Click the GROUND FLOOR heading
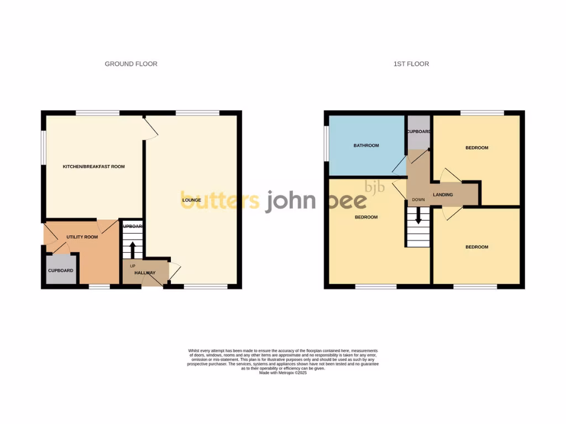pyautogui.click(x=131, y=64)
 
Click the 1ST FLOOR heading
pyautogui.click(x=411, y=64)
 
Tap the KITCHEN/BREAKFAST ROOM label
pyautogui.click(x=93, y=167)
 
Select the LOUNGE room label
pyautogui.click(x=191, y=199)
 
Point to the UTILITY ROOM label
pyautogui.click(x=82, y=237)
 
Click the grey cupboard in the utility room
pyautogui.click(x=60, y=271)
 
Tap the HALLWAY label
pyautogui.click(x=144, y=273)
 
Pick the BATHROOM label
pyautogui.click(x=366, y=146)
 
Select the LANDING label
pyautogui.click(x=443, y=195)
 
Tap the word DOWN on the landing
pyautogui.click(x=418, y=199)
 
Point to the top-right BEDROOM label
pyautogui.click(x=476, y=148)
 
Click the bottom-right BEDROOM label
pyautogui.click(x=476, y=247)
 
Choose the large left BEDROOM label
pyautogui.click(x=366, y=218)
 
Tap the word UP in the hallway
pyautogui.click(x=132, y=266)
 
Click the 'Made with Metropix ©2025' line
pyautogui.click(x=282, y=373)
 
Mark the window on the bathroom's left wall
pyautogui.click(x=326, y=145)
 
